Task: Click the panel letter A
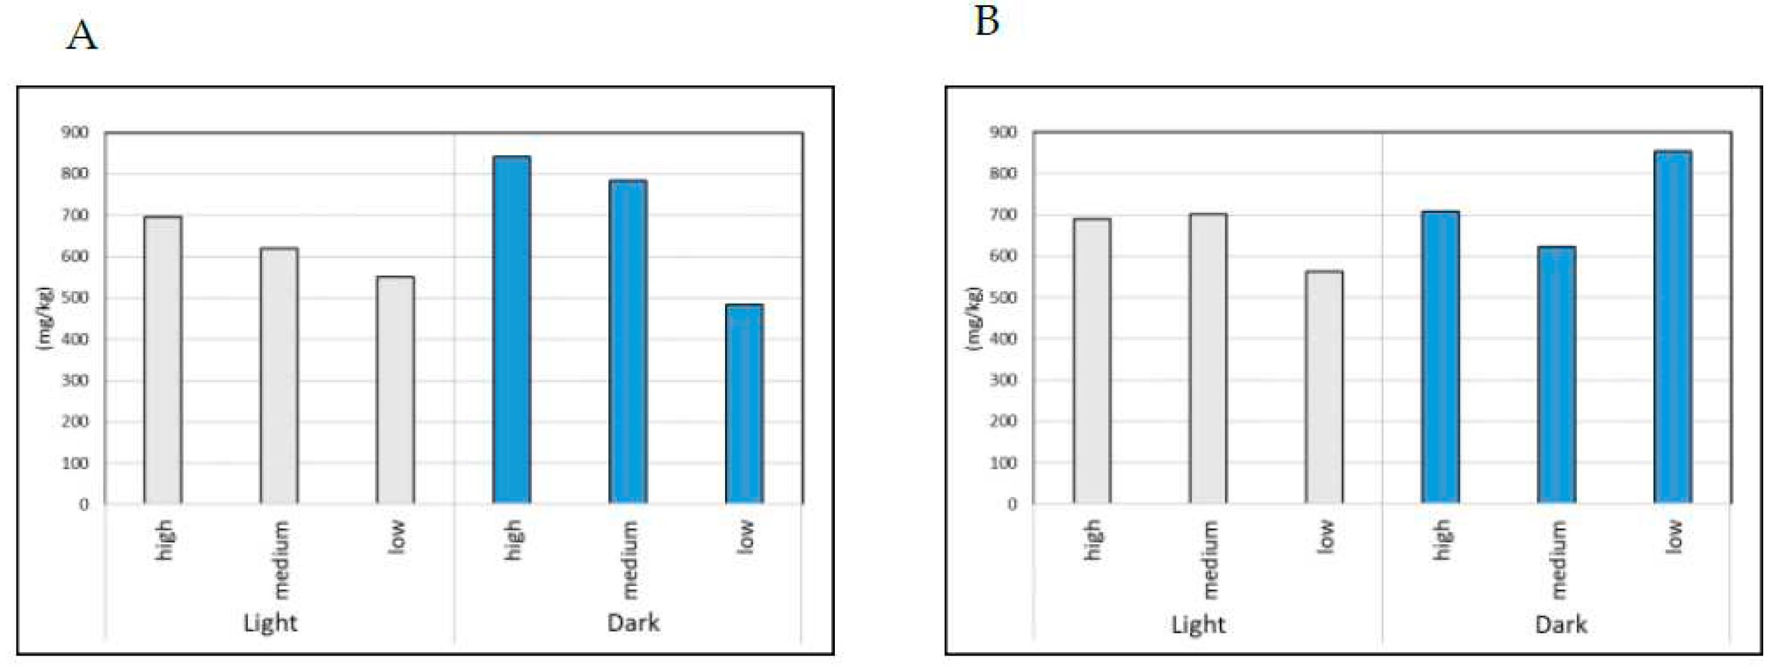click(x=81, y=36)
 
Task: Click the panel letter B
click(x=986, y=21)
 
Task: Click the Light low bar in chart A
click(x=395, y=390)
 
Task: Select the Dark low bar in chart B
click(x=1672, y=327)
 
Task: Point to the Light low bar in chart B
click(x=1324, y=387)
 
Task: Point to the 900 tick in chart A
click(x=74, y=132)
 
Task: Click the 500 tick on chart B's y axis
click(x=1003, y=297)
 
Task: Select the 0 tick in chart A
click(x=83, y=505)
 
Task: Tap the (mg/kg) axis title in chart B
click(x=973, y=318)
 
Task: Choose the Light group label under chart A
click(x=269, y=623)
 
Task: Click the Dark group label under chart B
click(x=1561, y=625)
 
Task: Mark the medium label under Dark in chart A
click(x=629, y=559)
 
